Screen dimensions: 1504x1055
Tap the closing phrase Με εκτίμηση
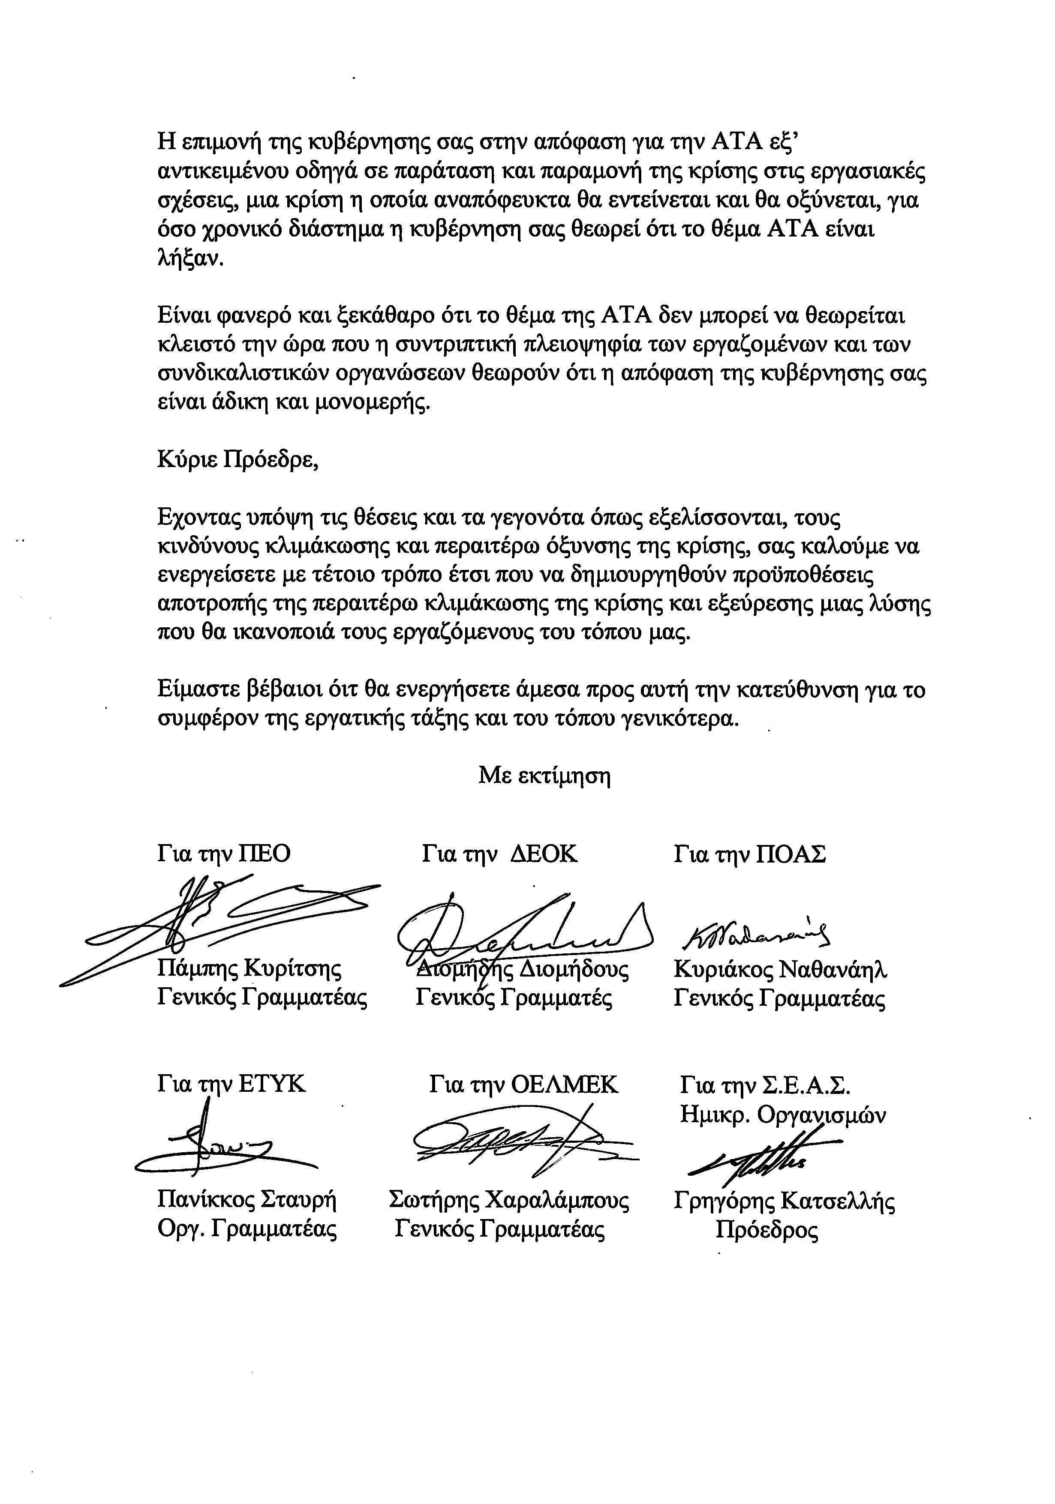[x=544, y=776]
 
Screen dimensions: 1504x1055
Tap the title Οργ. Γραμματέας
[x=247, y=1229]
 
